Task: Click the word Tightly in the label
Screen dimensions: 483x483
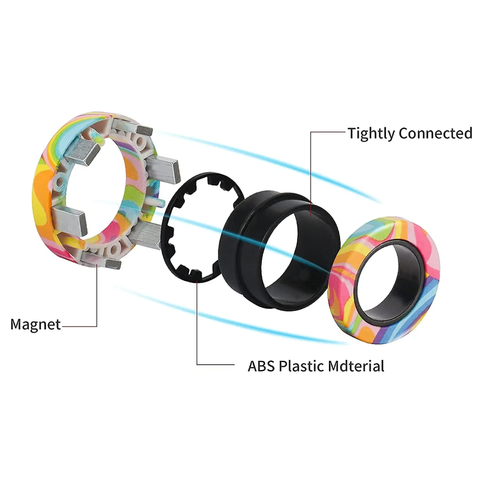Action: point(371,134)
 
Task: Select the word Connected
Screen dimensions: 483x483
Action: point(435,133)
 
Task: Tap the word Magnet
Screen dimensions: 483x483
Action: point(35,325)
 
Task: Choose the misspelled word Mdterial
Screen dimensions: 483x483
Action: point(356,366)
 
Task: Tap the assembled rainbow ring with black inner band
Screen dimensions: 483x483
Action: point(342,296)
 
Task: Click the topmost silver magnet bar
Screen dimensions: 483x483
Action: point(132,127)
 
